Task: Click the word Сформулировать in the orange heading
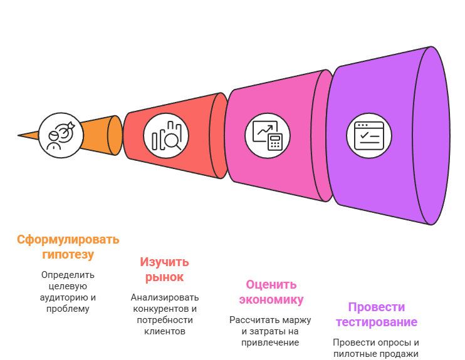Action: [68, 240]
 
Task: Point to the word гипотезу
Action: [68, 255]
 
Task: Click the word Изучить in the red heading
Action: [164, 262]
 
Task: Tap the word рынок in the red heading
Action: [164, 277]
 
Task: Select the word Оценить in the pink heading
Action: [271, 284]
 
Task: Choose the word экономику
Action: [271, 299]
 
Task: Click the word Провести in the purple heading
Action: [376, 307]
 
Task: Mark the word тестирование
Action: [376, 322]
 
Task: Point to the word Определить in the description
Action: [68, 275]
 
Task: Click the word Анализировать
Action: [164, 297]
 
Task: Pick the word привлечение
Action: [270, 342]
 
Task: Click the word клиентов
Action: [164, 331]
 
